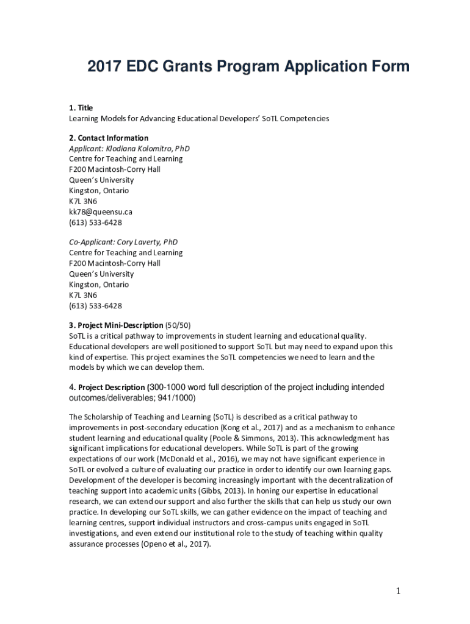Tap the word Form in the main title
tap(388, 67)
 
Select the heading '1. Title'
tap(81, 108)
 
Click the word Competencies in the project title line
tap(303, 118)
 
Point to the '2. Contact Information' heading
tap(109, 138)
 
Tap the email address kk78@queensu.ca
tap(101, 211)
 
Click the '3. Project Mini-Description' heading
tap(116, 325)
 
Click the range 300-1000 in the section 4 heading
tap(172, 388)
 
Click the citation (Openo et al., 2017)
tap(176, 544)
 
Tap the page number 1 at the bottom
tap(397, 590)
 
